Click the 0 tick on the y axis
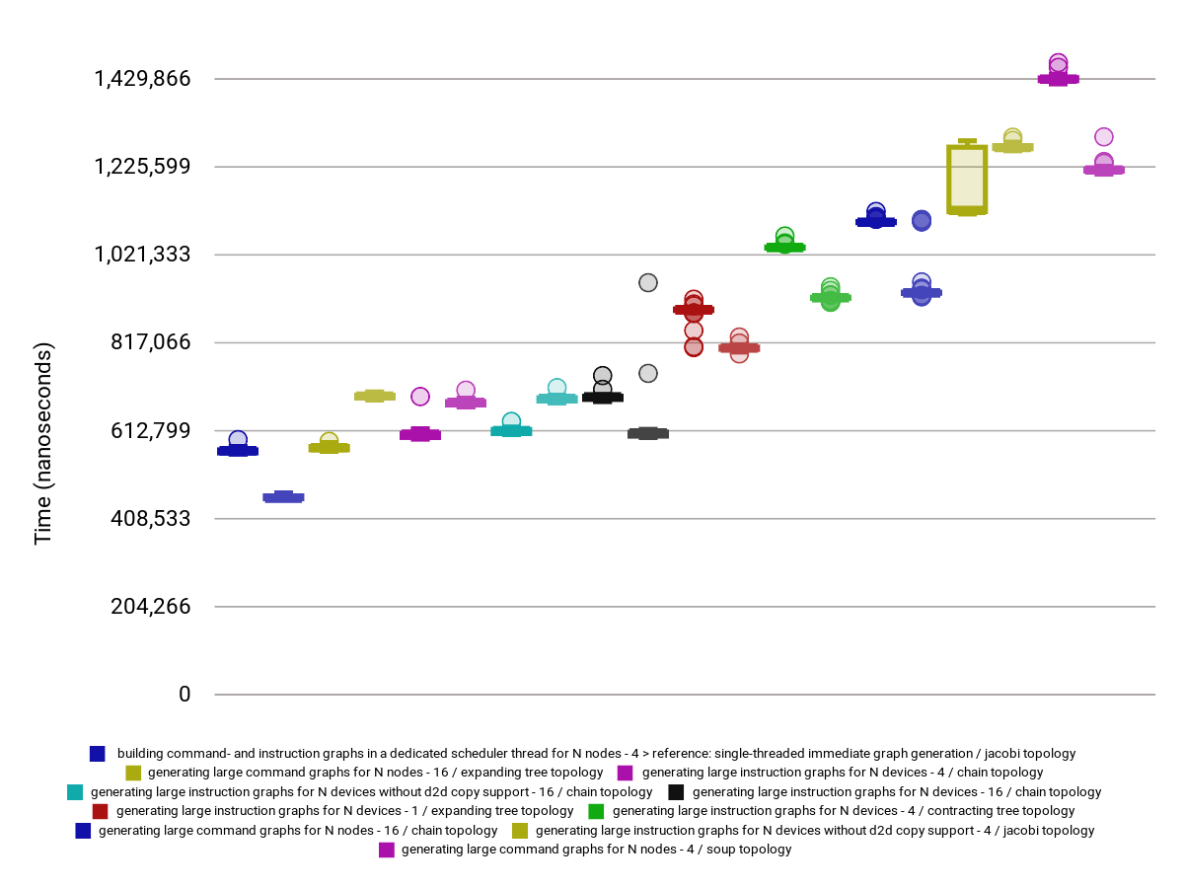(185, 695)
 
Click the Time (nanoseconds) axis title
(42, 444)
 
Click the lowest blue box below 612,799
(283, 497)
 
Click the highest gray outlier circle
(647, 283)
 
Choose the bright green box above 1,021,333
(784, 247)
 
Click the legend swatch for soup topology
(387, 850)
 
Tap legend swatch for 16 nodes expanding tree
(134, 773)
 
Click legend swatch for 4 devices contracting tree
(596, 811)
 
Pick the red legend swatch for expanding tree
(100, 811)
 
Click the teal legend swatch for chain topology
(74, 792)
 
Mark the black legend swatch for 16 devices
(676, 792)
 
